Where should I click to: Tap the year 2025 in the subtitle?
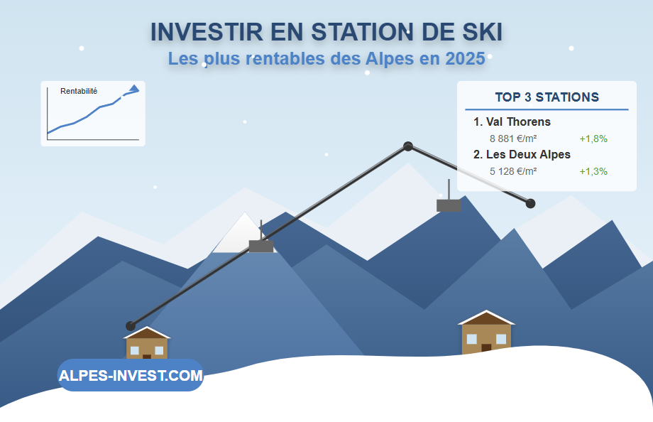tap(465, 59)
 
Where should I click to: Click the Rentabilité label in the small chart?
tap(79, 91)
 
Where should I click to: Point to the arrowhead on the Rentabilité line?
tap(134, 88)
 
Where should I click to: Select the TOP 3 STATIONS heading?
tap(547, 97)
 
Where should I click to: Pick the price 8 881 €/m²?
tap(513, 139)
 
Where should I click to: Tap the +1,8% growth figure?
tap(593, 139)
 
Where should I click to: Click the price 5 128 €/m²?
tap(513, 171)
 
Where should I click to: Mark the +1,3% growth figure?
tap(593, 171)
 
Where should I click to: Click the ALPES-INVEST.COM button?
tap(131, 375)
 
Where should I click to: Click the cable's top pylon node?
tap(408, 146)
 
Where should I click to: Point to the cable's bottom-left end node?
tap(131, 325)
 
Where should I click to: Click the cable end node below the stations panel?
tap(530, 203)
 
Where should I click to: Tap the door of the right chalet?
tap(486, 348)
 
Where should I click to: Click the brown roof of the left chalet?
tap(147, 333)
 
